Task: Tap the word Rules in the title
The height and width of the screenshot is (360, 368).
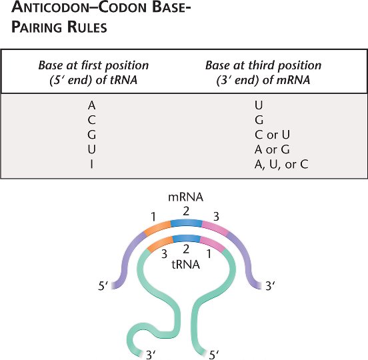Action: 87,27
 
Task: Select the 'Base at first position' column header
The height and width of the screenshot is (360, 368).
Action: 93,73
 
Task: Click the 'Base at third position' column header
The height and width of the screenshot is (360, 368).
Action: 263,73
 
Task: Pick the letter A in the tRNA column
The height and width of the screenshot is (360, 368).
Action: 92,105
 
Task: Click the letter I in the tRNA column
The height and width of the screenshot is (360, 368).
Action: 91,164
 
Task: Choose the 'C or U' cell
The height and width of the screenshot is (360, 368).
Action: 272,135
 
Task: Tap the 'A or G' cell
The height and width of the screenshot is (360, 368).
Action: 272,149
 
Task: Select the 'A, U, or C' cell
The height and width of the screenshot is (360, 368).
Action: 281,164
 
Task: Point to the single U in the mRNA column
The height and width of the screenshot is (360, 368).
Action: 259,105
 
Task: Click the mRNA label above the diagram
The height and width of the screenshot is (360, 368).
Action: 185,197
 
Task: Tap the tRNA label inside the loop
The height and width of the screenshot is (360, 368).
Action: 185,265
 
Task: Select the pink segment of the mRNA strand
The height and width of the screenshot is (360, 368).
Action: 215,227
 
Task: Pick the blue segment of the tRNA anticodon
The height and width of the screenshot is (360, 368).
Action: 187,239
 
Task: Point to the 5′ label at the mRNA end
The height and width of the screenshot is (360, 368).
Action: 103,286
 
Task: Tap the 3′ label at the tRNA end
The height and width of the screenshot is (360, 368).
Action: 151,355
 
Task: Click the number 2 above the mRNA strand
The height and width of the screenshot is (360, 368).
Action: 186,212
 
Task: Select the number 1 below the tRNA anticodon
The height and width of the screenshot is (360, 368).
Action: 209,254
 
